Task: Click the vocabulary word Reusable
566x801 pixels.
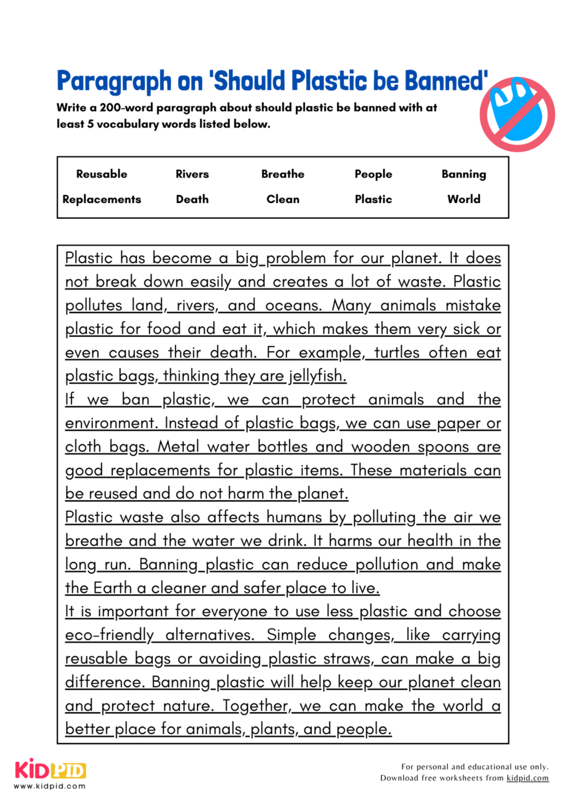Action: [101, 174]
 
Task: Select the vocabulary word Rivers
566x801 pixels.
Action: [192, 174]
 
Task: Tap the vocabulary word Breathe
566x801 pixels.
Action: [282, 174]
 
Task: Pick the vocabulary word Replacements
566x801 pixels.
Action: [101, 199]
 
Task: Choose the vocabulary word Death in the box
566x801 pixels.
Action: [192, 199]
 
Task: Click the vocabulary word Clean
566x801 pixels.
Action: [282, 199]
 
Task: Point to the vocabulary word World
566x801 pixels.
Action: [464, 199]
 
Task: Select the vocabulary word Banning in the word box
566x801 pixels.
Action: [464, 174]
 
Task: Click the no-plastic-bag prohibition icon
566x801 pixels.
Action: [517, 113]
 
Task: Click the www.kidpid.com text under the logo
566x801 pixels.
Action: [50, 786]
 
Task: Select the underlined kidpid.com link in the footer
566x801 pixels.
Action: [527, 778]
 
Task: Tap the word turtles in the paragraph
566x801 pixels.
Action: [398, 352]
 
